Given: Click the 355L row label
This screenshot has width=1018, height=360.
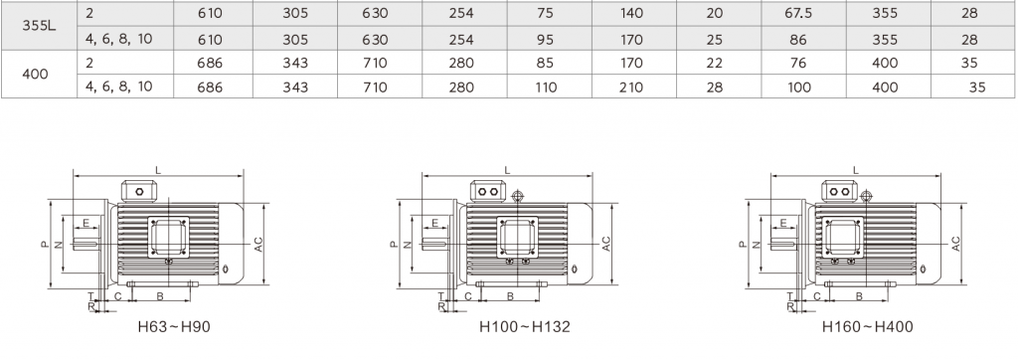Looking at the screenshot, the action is click(35, 26).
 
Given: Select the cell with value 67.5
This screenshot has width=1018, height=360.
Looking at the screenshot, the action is click(798, 14).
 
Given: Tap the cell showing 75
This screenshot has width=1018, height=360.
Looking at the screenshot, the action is click(546, 14).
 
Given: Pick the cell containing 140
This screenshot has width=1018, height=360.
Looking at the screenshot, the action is click(631, 14).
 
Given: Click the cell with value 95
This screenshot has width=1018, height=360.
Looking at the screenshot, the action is click(546, 40).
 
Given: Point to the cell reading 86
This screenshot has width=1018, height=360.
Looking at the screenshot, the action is click(798, 40).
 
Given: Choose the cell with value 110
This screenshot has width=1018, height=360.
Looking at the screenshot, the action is click(546, 88).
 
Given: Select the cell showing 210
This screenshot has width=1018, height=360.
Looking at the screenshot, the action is click(631, 88).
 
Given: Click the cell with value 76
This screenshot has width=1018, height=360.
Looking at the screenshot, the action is click(798, 63).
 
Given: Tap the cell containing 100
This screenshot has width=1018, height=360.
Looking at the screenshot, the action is click(798, 88).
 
